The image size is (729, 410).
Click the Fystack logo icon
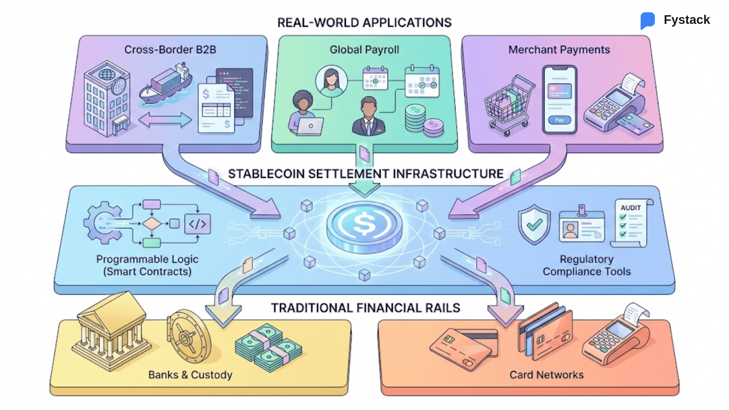(648, 20)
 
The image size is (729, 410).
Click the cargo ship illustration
(166, 84)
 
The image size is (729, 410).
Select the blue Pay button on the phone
(559, 120)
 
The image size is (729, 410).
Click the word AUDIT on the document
(631, 208)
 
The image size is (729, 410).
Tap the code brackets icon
(197, 224)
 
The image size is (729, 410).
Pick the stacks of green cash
(268, 347)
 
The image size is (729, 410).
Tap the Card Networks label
(546, 375)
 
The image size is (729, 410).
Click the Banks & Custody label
(190, 375)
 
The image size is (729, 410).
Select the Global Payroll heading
(364, 50)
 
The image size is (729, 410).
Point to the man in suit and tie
(368, 117)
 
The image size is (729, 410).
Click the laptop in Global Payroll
(310, 126)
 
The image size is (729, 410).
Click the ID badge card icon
(581, 226)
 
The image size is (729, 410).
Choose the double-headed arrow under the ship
(165, 120)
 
